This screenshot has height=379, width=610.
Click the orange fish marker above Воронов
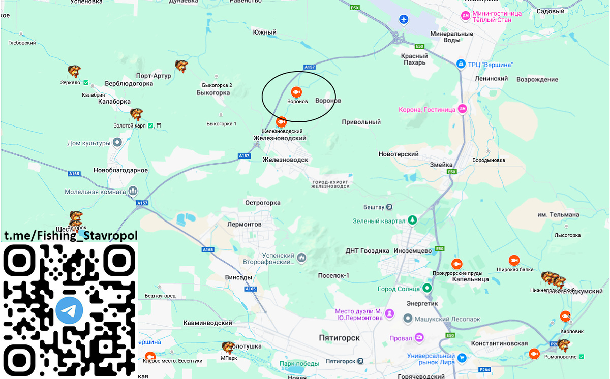296,92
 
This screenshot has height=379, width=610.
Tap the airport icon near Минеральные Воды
404,19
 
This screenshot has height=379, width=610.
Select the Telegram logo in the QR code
70,311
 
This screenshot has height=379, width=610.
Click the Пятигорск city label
340,338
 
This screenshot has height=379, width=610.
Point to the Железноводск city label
285,160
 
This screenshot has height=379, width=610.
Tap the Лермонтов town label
244,224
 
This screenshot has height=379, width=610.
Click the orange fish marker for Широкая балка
514,260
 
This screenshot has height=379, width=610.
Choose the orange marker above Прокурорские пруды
456,264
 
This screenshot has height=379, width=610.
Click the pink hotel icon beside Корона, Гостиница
462,109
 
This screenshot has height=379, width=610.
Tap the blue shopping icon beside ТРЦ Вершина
461,65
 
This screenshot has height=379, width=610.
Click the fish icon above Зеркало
74,71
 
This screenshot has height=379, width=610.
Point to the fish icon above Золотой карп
136,114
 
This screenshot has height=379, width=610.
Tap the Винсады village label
238,277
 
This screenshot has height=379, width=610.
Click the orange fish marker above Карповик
564,316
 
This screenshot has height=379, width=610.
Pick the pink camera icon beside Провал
419,337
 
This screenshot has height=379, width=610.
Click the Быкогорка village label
213,93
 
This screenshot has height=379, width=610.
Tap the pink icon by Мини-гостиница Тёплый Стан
465,16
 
